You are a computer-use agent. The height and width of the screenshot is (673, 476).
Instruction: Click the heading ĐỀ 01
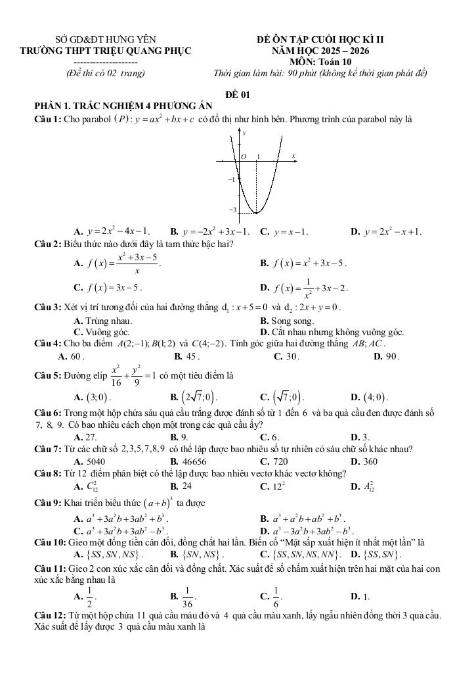[x=238, y=95]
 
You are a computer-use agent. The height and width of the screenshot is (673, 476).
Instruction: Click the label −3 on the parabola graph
[x=231, y=210]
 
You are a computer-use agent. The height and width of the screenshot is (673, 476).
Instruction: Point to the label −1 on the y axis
[x=231, y=179]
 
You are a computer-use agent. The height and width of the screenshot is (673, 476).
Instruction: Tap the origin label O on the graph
[x=243, y=157]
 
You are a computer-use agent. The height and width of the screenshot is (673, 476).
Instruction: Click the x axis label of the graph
[x=293, y=156]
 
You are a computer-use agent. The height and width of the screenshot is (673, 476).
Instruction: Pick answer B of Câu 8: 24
[x=186, y=486]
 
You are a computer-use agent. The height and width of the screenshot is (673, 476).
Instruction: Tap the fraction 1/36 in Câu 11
[x=188, y=597]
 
